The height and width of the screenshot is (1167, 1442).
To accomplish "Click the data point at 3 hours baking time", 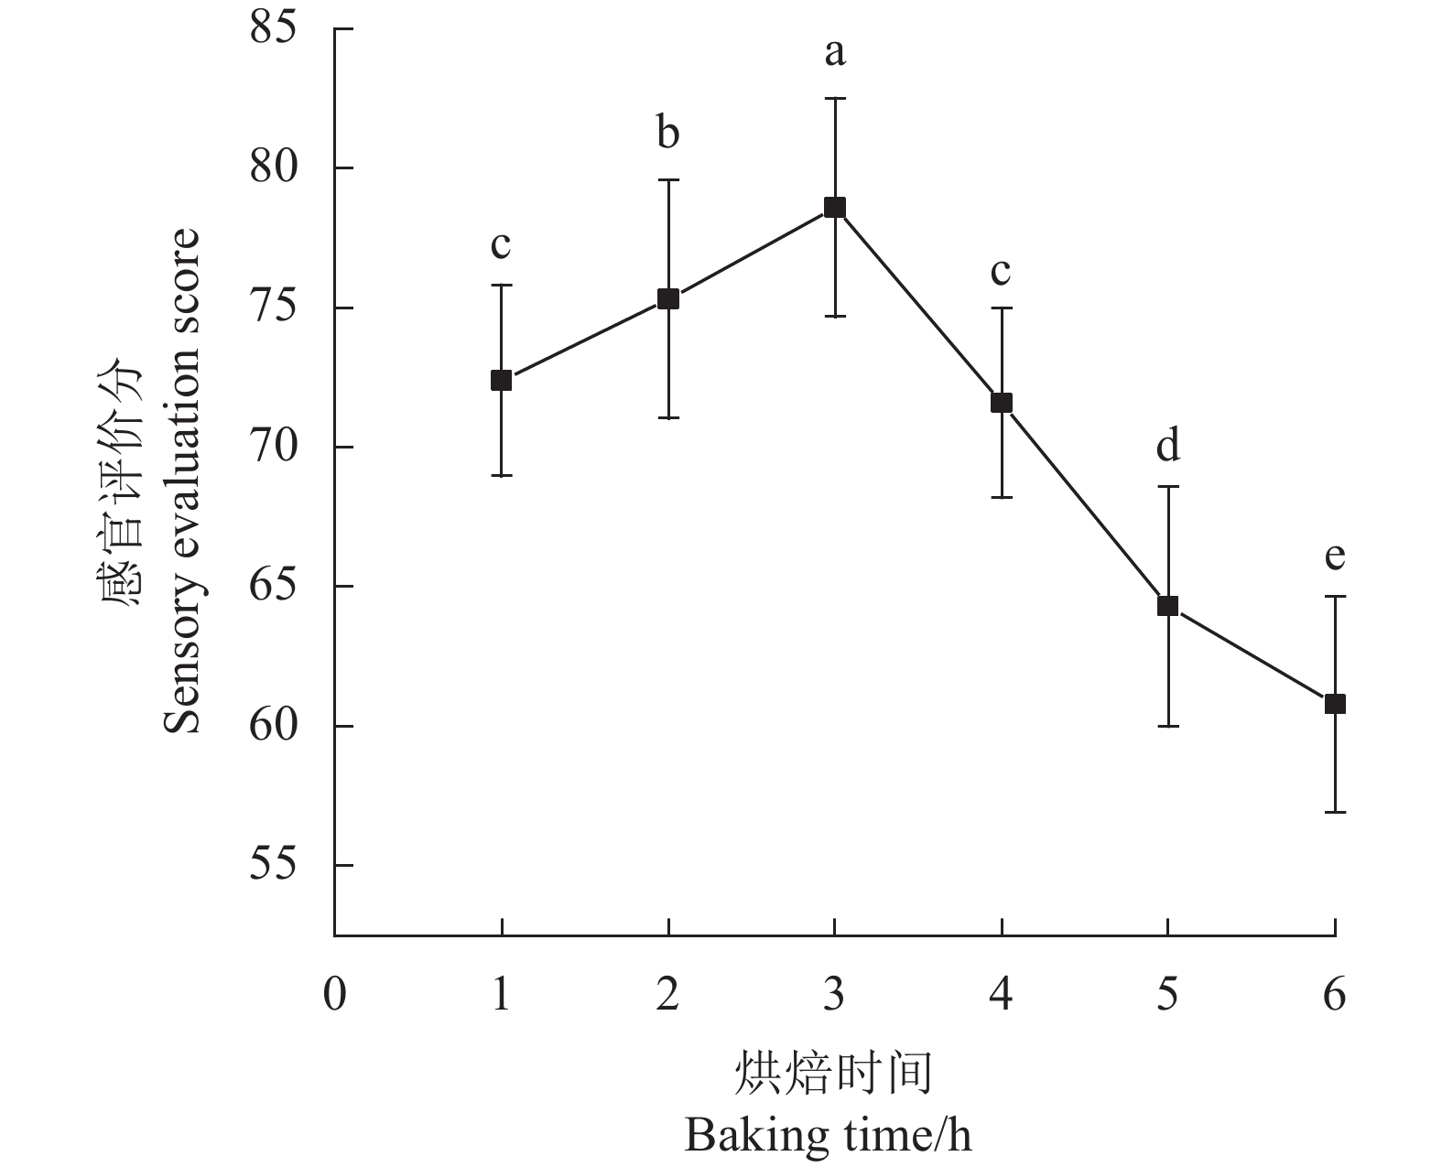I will (834, 208).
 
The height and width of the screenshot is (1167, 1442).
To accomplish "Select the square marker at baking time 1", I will (501, 380).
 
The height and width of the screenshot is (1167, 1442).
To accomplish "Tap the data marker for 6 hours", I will (1335, 704).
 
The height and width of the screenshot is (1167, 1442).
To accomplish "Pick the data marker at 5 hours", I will (1167, 606).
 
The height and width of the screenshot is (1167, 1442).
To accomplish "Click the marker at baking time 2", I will (668, 299).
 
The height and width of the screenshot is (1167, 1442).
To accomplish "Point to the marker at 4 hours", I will (1002, 403).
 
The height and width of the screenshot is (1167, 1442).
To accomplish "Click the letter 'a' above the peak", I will (834, 54).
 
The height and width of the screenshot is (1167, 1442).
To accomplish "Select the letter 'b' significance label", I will (668, 134).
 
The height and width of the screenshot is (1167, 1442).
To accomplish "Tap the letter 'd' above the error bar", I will (1167, 445).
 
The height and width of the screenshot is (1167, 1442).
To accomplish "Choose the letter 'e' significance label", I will (1335, 556).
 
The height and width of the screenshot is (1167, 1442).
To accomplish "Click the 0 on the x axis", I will (335, 994).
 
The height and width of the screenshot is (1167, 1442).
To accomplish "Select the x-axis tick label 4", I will (1002, 994).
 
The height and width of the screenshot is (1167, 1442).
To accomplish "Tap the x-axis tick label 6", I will (1335, 994).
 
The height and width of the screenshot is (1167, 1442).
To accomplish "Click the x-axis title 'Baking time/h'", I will (828, 1136).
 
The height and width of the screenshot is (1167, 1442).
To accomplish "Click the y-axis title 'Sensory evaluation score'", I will (181, 481).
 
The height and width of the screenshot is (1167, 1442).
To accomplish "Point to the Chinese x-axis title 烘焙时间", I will (833, 1074).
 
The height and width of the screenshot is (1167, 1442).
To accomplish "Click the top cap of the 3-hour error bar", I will (834, 98).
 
